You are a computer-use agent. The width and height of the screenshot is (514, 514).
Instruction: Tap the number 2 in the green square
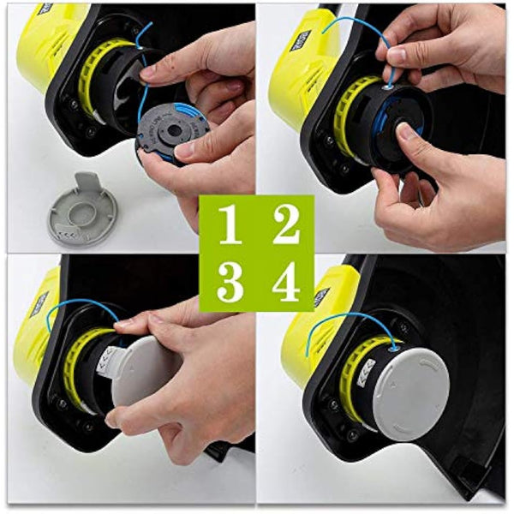tap(285, 224)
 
